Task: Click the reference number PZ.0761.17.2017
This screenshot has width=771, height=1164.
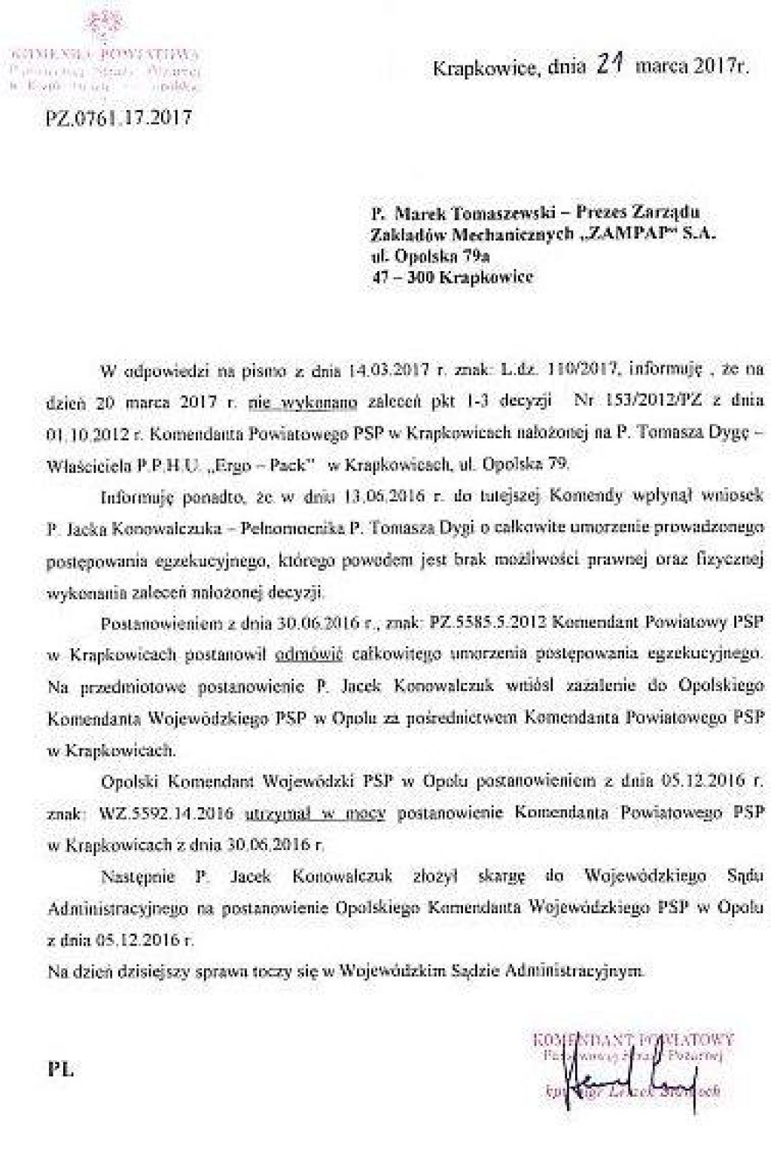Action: coord(119,118)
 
